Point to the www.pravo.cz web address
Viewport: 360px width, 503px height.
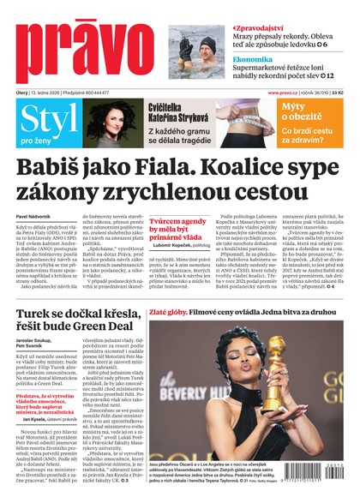[x=282, y=92]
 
